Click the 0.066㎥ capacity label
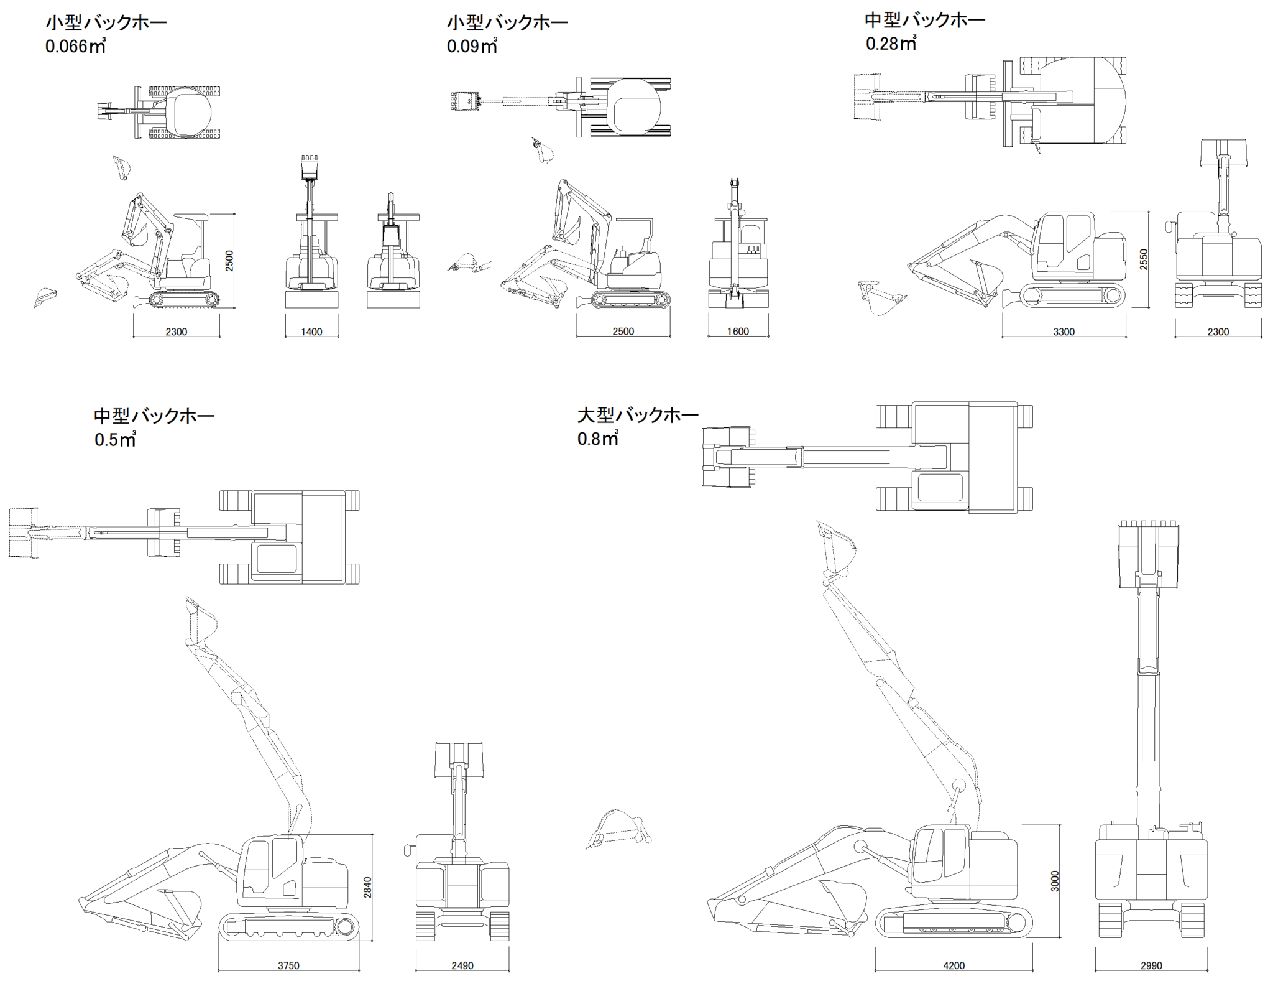tap(75, 47)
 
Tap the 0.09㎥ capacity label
tap(472, 47)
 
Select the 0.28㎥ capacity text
tap(891, 44)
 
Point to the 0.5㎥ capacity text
tap(115, 440)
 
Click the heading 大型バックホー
tap(638, 415)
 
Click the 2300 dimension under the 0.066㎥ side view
tap(176, 332)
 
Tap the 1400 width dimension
tap(311, 332)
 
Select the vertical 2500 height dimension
tap(229, 260)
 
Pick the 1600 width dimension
tap(738, 332)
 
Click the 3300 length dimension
tap(1064, 332)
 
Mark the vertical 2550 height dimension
tap(1144, 259)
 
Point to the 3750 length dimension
tap(288, 965)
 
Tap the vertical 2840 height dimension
tap(367, 886)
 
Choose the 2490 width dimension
tap(462, 965)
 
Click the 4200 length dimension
tap(954, 965)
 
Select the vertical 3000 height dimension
tap(1055, 881)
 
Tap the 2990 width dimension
tap(1151, 965)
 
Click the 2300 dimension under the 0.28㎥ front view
tap(1218, 332)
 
